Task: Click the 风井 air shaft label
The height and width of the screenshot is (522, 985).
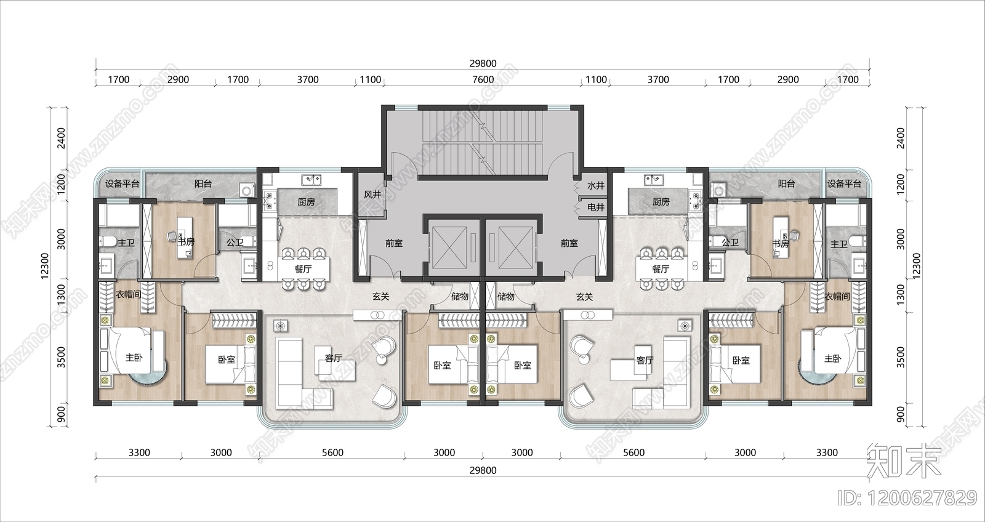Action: (372, 195)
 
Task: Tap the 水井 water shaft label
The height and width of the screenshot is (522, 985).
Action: (596, 185)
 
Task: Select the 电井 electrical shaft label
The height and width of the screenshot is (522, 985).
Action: (596, 207)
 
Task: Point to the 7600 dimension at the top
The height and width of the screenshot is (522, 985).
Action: (483, 79)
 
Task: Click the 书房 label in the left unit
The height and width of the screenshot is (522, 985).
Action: (187, 242)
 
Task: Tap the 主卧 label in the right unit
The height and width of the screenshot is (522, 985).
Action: (832, 358)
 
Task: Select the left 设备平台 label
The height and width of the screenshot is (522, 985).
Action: (122, 183)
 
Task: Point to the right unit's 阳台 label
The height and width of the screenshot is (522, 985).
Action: (786, 183)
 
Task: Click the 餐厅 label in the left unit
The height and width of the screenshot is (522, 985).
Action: (304, 269)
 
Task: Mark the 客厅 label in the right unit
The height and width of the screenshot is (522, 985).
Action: (645, 361)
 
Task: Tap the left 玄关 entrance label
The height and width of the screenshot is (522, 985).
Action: (381, 297)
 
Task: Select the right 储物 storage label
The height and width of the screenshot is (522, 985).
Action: (505, 297)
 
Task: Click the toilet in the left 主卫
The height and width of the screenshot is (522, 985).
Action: (108, 241)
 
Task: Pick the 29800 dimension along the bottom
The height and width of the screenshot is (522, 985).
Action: (483, 470)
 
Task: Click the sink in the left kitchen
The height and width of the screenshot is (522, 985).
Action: (311, 180)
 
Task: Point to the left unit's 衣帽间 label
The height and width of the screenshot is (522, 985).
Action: (128, 294)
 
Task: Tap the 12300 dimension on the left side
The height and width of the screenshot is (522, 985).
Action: (44, 266)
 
